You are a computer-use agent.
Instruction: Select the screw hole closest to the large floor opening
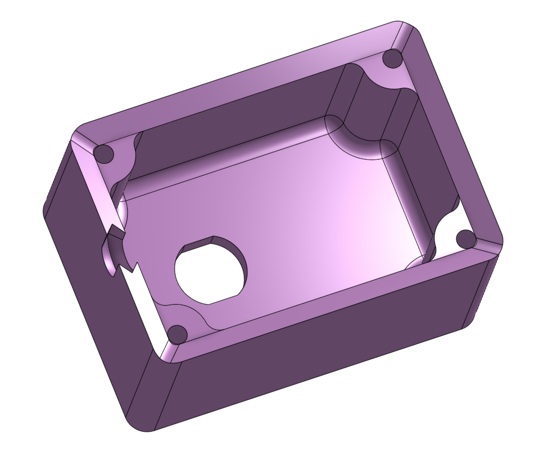pyautogui.click(x=178, y=334)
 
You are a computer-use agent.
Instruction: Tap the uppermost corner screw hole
pyautogui.click(x=392, y=58)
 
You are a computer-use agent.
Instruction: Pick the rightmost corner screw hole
pyautogui.click(x=466, y=238)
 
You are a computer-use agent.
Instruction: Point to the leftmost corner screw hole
pyautogui.click(x=103, y=153)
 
